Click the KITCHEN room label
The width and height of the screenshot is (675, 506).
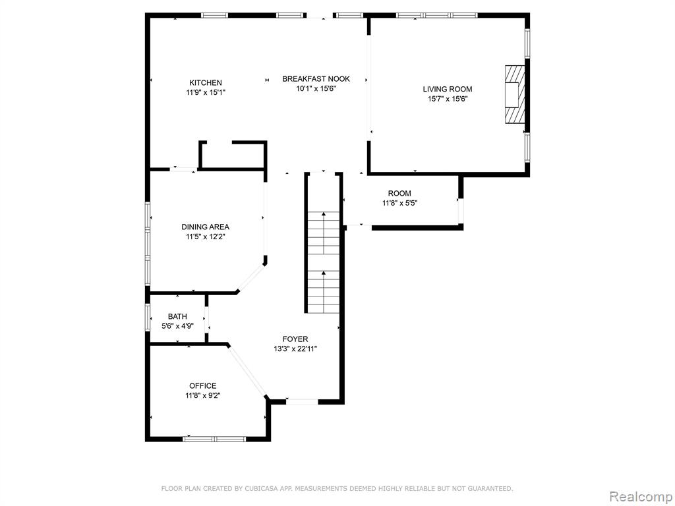pyautogui.click(x=206, y=82)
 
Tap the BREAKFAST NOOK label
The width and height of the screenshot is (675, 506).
pyautogui.click(x=316, y=79)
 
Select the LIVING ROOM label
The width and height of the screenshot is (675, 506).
pyautogui.click(x=448, y=89)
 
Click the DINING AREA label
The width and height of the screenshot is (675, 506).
pyautogui.click(x=206, y=227)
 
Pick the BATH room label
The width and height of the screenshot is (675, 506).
pyautogui.click(x=177, y=317)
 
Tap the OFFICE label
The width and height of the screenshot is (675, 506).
pyautogui.click(x=203, y=386)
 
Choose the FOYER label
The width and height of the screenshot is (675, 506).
pyautogui.click(x=295, y=339)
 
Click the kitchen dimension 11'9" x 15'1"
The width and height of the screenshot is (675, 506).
pyautogui.click(x=206, y=92)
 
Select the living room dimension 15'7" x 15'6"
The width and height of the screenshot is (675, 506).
pyautogui.click(x=448, y=99)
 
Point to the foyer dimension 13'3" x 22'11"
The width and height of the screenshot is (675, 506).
pyautogui.click(x=295, y=349)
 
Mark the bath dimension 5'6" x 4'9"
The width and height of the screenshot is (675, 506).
pyautogui.click(x=177, y=326)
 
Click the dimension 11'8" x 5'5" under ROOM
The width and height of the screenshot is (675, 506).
pyautogui.click(x=399, y=203)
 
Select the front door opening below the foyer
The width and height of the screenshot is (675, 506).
pyautogui.click(x=302, y=402)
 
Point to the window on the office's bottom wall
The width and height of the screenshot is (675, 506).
pyautogui.click(x=214, y=439)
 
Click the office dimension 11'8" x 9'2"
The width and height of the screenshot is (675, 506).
pyautogui.click(x=203, y=396)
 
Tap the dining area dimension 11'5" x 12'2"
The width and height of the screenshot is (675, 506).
pyautogui.click(x=206, y=237)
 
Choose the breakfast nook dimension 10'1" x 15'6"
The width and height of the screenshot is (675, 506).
pyautogui.click(x=316, y=89)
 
